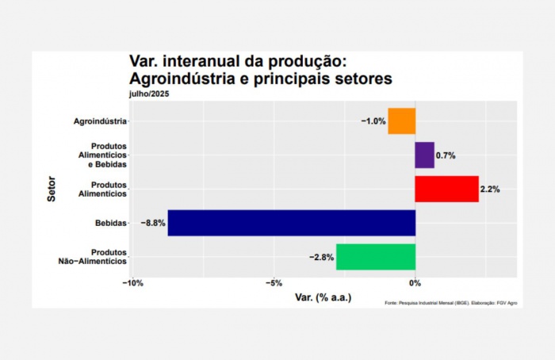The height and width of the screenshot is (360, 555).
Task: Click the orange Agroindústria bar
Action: click(401, 121)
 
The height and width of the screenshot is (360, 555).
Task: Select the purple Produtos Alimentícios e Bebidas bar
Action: click(424, 155)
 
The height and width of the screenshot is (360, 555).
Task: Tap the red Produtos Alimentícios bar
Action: click(446, 190)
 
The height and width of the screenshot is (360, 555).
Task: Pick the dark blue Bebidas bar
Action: click(291, 223)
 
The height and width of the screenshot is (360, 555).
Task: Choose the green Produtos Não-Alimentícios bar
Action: click(375, 257)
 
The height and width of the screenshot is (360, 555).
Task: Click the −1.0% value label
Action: click(373, 121)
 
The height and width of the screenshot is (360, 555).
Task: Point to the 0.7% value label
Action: click(446, 156)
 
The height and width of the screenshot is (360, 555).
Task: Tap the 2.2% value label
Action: click(489, 190)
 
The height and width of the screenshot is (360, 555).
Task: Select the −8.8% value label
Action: click(153, 224)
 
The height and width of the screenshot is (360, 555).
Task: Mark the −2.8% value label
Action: click(321, 257)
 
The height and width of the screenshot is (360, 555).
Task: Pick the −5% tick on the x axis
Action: click(274, 283)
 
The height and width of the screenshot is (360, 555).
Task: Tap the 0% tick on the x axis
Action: click(415, 283)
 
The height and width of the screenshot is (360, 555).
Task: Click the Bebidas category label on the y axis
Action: click(110, 224)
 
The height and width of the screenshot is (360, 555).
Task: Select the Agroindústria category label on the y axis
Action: click(100, 121)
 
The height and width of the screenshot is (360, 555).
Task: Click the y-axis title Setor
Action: click(52, 190)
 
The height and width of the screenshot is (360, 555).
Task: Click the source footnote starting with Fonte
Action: click(450, 303)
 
